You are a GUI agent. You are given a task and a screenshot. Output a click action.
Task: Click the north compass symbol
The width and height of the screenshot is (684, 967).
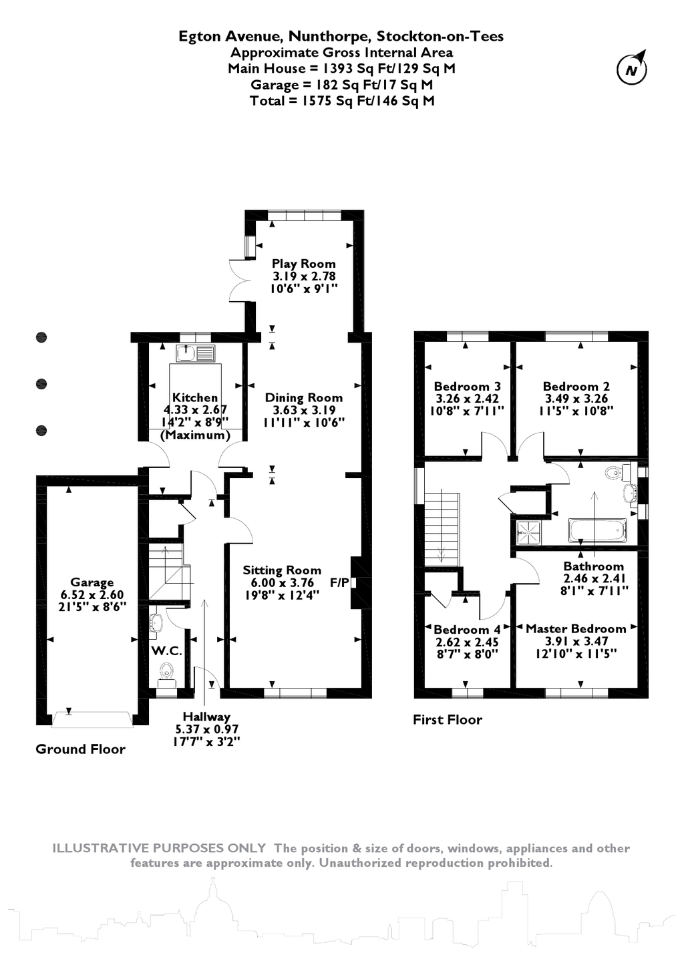(x=632, y=68)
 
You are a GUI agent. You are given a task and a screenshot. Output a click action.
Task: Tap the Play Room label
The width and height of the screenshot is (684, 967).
(x=303, y=263)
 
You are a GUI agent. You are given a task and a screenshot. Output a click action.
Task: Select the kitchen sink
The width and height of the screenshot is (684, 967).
(x=195, y=353)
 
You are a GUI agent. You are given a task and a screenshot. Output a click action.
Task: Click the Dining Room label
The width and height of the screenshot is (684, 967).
(x=303, y=397)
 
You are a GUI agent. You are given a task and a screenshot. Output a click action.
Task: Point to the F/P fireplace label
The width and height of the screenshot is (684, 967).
(x=339, y=583)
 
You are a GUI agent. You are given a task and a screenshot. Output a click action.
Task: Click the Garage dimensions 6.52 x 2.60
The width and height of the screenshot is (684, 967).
(x=92, y=594)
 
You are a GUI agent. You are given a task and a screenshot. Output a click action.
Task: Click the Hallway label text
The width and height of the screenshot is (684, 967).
(x=206, y=717)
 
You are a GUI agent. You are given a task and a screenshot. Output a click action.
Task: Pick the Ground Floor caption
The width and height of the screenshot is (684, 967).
(x=80, y=749)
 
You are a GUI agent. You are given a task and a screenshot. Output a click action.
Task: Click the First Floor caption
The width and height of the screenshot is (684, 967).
(x=448, y=720)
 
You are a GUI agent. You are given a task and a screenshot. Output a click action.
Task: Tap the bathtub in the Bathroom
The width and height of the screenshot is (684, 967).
(x=597, y=530)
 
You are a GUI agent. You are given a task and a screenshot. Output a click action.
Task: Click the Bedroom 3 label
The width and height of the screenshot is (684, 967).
(x=467, y=386)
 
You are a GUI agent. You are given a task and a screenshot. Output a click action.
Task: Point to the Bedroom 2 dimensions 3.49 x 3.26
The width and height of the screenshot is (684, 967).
(x=576, y=398)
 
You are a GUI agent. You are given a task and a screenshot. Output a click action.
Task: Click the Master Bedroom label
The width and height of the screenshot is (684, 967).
(x=576, y=628)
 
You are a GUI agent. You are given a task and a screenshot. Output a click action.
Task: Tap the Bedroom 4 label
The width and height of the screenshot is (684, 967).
(x=467, y=629)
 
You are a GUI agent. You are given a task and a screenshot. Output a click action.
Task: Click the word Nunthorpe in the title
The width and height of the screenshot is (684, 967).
(x=329, y=36)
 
